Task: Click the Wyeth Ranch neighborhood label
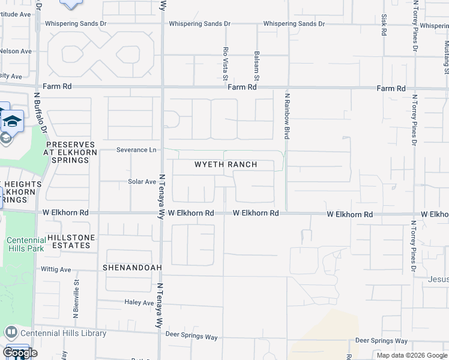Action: pyautogui.click(x=226, y=164)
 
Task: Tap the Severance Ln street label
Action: pyautogui.click(x=131, y=149)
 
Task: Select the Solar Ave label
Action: pyautogui.click(x=142, y=181)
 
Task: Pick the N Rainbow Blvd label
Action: pyautogui.click(x=287, y=116)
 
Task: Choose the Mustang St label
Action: pyautogui.click(x=446, y=54)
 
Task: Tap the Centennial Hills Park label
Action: pyautogui.click(x=26, y=244)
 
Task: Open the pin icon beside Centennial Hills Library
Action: pyautogui.click(x=11, y=332)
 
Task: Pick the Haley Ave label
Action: pyautogui.click(x=140, y=302)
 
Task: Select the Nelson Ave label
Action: pyautogui.click(x=16, y=51)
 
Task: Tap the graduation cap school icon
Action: pyautogui.click(x=12, y=122)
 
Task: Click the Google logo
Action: pyautogui.click(x=19, y=353)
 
